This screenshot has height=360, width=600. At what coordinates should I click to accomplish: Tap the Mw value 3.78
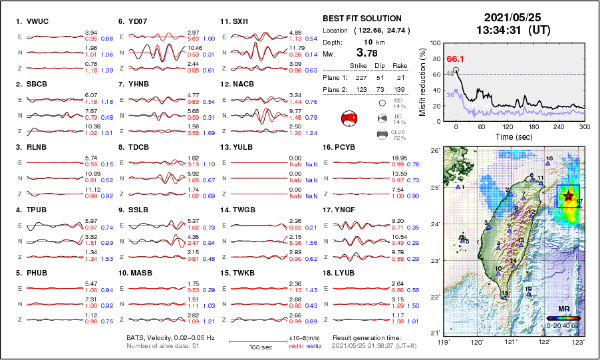coord(369,53)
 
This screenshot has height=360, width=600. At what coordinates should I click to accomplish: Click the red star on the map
coord(568,197)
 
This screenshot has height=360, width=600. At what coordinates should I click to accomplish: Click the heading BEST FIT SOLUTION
coord(362,19)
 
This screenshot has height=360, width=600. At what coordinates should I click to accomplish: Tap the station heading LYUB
coord(344,273)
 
